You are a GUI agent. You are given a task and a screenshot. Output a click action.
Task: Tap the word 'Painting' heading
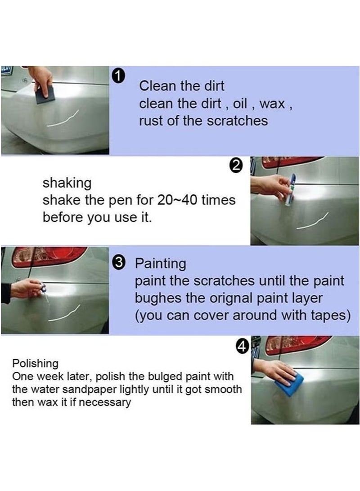pyautogui.click(x=160, y=263)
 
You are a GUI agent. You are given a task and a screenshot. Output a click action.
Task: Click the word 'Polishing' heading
pyautogui.click(x=35, y=363)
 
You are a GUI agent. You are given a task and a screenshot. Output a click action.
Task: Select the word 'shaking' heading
pyautogui.click(x=67, y=183)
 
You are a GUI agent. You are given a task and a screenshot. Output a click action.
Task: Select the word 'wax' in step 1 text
pyautogui.click(x=273, y=104)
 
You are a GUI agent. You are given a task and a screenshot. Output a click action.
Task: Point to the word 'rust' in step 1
pyautogui.click(x=151, y=121)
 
